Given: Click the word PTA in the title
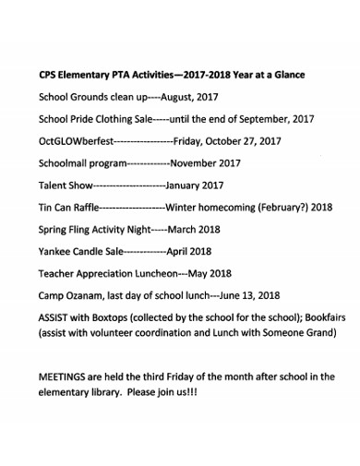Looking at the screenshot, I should coord(119,75).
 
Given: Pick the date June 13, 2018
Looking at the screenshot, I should coord(248,295).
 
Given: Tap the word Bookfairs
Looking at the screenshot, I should coord(322,318).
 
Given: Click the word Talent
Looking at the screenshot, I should coord(54,185).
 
